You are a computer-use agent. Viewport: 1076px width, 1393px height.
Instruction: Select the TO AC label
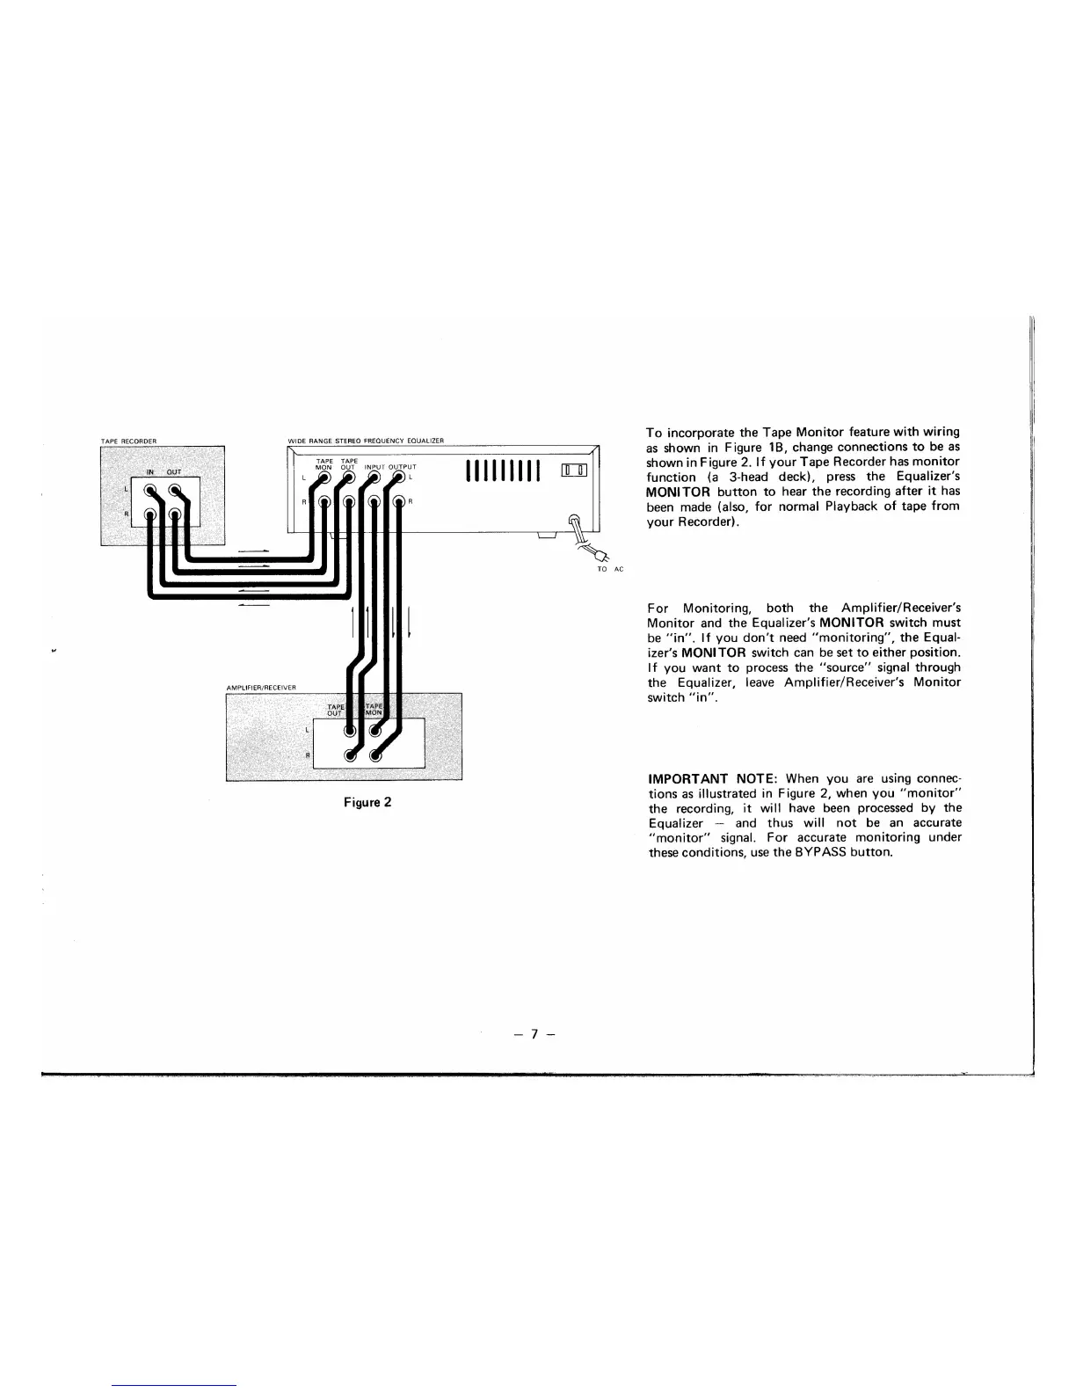pos(609,570)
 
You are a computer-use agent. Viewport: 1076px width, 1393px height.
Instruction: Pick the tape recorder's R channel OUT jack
pos(176,514)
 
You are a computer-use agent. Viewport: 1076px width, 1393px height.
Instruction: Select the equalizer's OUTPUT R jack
pos(400,503)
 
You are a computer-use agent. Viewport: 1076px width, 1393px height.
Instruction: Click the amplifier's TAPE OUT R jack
pos(351,755)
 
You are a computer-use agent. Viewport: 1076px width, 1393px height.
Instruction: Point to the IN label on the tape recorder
pos(150,472)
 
